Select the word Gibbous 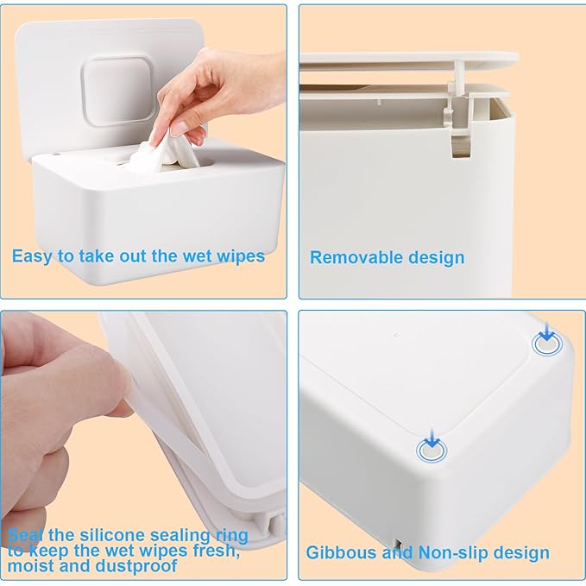pyautogui.click(x=339, y=552)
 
